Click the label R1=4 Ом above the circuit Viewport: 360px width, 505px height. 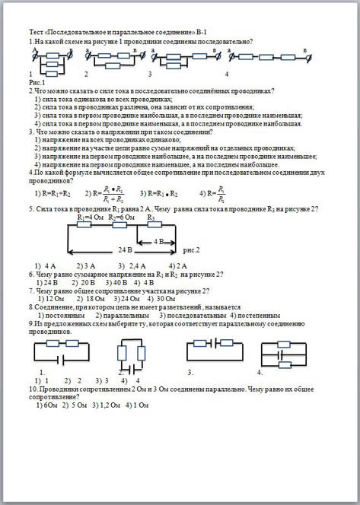[91, 217]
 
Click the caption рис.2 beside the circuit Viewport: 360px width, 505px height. [192, 249]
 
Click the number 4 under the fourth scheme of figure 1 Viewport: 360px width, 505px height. [227, 74]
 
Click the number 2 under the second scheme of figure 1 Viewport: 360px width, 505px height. [86, 74]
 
